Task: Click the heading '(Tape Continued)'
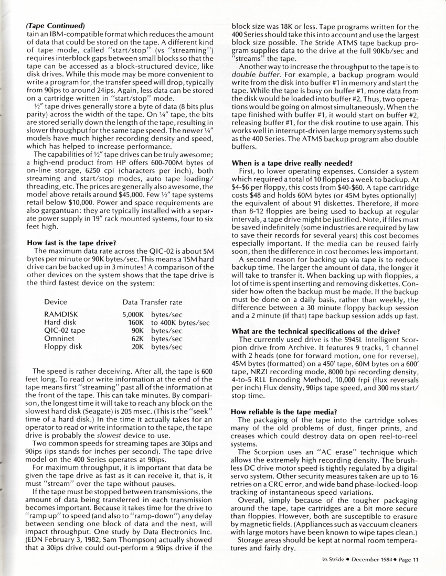click(x=55, y=25)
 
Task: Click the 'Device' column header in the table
click(x=56, y=302)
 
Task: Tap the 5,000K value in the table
click(x=133, y=314)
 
